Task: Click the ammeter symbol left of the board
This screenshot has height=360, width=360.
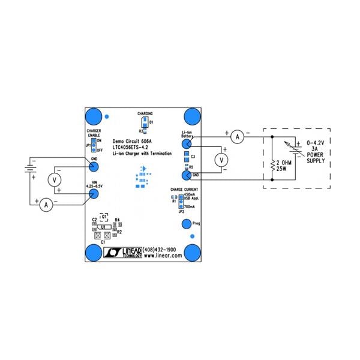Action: coord(45,205)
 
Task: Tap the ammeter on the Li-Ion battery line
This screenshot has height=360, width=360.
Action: coord(237,137)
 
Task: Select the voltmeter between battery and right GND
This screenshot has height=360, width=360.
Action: coord(222,160)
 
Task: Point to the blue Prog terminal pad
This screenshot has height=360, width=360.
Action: coord(185,224)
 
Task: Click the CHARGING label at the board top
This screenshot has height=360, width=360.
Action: coord(145,113)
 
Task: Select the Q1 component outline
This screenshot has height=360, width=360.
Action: coord(103,216)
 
